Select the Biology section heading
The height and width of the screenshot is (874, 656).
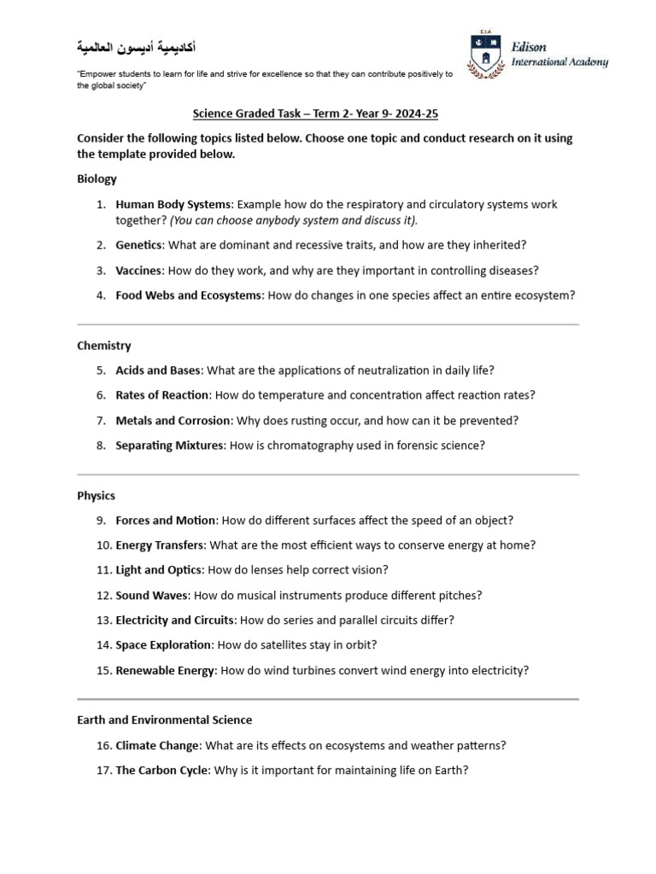(x=97, y=179)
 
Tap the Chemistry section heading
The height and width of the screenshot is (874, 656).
(x=104, y=346)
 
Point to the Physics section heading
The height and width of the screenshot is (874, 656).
(x=96, y=495)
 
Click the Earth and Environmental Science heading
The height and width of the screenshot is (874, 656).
(x=164, y=720)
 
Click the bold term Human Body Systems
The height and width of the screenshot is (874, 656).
(x=173, y=205)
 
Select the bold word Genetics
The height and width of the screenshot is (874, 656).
(x=138, y=245)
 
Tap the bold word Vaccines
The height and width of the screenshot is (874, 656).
(x=138, y=271)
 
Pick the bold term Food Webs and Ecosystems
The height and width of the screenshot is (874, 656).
(x=189, y=295)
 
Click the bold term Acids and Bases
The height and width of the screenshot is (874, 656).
(x=158, y=370)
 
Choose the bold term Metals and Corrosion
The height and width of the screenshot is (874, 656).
(x=173, y=420)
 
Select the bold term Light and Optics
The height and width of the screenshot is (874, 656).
(x=159, y=570)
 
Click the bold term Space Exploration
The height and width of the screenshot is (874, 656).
(x=162, y=645)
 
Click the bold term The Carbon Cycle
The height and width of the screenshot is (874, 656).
(x=161, y=771)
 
